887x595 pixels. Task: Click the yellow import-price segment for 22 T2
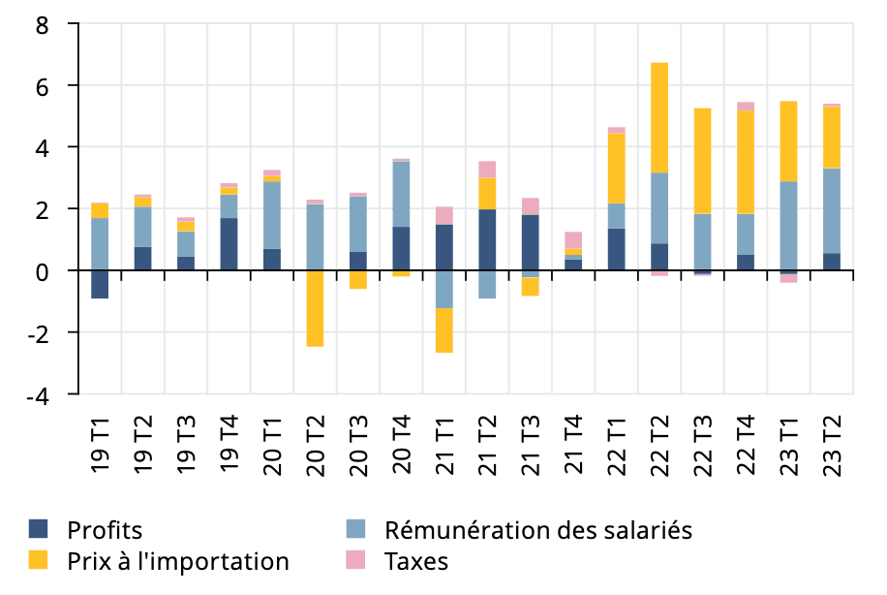[x=659, y=117]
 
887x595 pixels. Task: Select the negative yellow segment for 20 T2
[x=315, y=308]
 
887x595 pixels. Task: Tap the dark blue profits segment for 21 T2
[x=487, y=239]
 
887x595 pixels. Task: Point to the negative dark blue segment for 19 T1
[x=100, y=285]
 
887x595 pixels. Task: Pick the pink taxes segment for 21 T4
[x=573, y=240]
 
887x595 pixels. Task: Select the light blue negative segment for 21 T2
[x=487, y=285]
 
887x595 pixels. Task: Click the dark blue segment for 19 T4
[x=229, y=244]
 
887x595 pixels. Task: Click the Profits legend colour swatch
[x=39, y=529]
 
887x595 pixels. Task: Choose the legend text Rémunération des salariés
[x=538, y=530]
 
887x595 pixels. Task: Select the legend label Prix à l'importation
[x=178, y=561]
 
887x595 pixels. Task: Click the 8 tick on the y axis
[x=42, y=24]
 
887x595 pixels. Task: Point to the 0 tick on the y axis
[x=42, y=271]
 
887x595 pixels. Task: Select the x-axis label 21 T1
[x=444, y=445]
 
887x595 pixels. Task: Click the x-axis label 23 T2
[x=831, y=445]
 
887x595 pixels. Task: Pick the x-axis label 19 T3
[x=186, y=445]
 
